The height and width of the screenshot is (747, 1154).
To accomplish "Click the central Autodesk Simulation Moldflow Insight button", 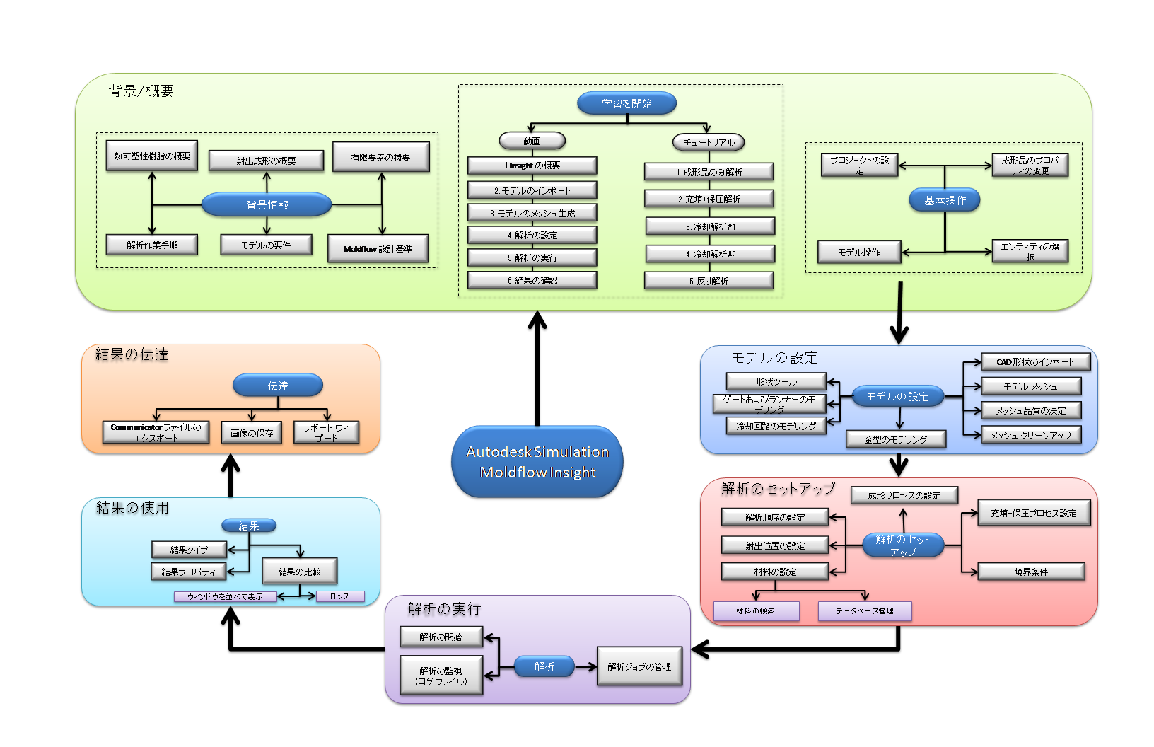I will coord(537,462).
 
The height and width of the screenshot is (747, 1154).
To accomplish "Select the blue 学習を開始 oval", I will coord(626,103).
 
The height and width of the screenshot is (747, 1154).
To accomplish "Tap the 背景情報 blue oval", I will coord(267,204).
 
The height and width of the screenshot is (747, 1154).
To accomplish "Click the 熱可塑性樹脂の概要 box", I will coord(152,156).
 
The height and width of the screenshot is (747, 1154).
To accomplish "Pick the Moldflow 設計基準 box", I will coord(378,248).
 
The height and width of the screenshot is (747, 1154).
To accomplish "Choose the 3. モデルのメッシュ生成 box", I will coord(532,213).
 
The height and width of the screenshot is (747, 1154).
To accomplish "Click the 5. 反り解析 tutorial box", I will coord(709,281).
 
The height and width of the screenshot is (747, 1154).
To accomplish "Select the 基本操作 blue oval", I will coord(945,200).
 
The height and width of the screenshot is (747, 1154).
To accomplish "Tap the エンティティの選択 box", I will coord(1030,251).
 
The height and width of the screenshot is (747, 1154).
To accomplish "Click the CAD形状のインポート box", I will coord(1035,362).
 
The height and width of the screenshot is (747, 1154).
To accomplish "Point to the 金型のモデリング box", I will coord(896,439).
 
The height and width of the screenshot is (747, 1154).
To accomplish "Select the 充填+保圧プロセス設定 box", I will coord(1034,513).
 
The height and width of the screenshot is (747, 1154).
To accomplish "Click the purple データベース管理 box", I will coord(864,610).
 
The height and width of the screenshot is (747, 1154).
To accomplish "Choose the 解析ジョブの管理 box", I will coord(639,666).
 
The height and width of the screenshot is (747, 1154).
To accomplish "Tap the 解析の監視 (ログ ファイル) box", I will coord(441,676).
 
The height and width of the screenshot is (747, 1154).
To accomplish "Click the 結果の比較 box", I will coord(299,572).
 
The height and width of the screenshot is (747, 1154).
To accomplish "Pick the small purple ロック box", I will coord(339,596).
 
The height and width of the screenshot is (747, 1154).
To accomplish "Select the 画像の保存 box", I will coord(252,432).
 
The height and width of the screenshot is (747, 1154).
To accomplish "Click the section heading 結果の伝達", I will coord(132,354).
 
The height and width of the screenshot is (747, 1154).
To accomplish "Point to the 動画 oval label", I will coord(532,141).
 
